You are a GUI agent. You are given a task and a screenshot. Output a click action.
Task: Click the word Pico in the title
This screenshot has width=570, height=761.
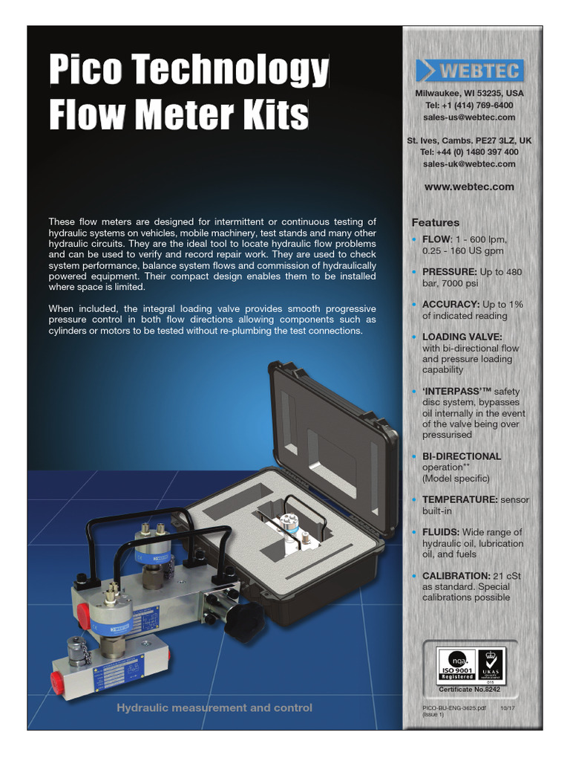[87, 70]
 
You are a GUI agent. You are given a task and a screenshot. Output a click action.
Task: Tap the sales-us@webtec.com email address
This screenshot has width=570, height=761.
[468, 117]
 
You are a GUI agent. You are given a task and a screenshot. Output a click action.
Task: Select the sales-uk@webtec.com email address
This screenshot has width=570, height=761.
[468, 163]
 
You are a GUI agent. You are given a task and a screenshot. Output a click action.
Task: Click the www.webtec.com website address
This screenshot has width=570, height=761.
[468, 187]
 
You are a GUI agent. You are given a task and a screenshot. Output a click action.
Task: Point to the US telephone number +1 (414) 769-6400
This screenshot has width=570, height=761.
[468, 106]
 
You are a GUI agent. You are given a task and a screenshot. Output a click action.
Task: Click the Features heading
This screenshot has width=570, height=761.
[436, 222]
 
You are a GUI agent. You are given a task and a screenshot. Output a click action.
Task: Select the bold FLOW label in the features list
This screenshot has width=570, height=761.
[436, 239]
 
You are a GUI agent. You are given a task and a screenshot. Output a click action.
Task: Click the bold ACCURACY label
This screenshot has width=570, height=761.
[451, 305]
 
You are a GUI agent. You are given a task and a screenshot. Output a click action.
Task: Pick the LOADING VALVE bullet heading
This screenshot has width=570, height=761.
[461, 337]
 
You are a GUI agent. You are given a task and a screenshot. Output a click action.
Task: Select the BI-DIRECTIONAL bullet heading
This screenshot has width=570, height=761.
[462, 456]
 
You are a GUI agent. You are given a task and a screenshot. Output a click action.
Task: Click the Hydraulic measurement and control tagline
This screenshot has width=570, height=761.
[214, 707]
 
